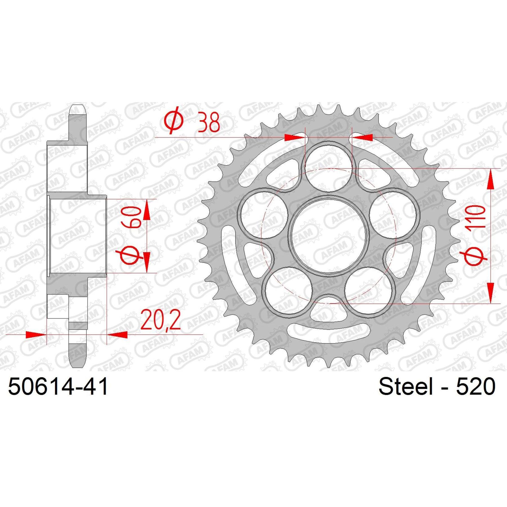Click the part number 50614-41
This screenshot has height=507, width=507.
point(58,386)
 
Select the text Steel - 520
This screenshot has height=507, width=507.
point(437,386)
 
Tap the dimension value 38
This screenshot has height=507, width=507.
point(209,122)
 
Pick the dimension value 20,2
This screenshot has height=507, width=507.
point(161,320)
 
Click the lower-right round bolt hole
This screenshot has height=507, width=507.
point(368,290)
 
